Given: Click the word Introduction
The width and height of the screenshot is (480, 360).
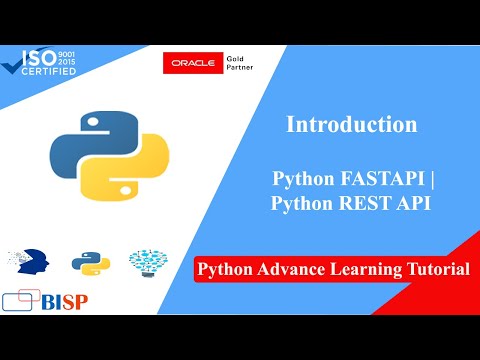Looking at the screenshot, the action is (352, 124).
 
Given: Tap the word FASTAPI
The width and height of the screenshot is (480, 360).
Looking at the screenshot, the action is (382, 178).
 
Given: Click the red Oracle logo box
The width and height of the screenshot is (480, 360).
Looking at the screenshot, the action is (193, 63).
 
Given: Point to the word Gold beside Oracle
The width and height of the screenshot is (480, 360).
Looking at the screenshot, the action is (235, 59).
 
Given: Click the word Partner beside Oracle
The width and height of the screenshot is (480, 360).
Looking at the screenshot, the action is (240, 67).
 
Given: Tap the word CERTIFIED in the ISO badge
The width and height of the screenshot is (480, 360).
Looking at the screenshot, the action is (49, 71).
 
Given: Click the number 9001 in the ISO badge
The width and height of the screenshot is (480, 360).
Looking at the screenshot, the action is (67, 54).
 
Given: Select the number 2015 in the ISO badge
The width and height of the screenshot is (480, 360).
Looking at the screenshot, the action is (67, 61).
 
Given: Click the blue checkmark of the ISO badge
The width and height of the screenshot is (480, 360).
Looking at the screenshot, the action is (13, 67).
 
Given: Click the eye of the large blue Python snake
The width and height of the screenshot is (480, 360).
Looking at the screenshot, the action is (93, 122).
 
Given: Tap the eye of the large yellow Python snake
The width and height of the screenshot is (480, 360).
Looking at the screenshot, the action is (125, 190).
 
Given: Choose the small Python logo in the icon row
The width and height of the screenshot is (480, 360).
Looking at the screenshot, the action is (91, 263).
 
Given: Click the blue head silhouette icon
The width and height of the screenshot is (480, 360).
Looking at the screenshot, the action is (33, 262).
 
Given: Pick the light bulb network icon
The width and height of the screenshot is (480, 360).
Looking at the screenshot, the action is (148, 263).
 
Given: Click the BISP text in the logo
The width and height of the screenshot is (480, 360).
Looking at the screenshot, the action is (65, 302).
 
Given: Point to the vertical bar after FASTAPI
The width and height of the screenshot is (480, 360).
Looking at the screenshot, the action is (432, 179).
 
